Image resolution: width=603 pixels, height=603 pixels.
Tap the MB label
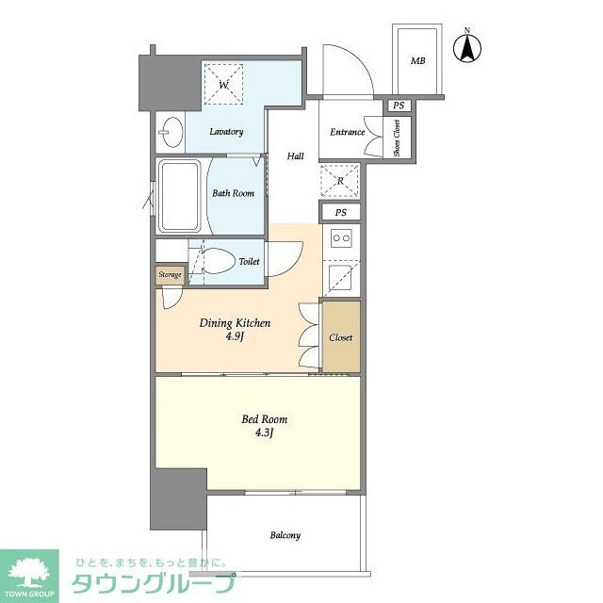[416, 62]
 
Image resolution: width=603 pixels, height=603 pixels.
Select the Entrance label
[347, 132]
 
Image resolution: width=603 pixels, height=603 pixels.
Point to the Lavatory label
[226, 132]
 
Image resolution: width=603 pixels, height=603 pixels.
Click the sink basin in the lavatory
[170, 132]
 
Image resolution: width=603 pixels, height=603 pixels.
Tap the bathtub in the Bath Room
[179, 196]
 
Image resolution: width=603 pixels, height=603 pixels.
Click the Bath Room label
[232, 193]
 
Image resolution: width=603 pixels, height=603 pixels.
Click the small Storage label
[170, 275]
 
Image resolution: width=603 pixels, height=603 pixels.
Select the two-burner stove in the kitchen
[339, 239]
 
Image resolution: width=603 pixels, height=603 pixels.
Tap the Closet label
[340, 336]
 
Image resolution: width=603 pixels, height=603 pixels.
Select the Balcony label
[285, 535]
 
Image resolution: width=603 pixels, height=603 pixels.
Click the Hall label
[295, 156]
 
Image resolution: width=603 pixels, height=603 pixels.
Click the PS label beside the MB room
[399, 106]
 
